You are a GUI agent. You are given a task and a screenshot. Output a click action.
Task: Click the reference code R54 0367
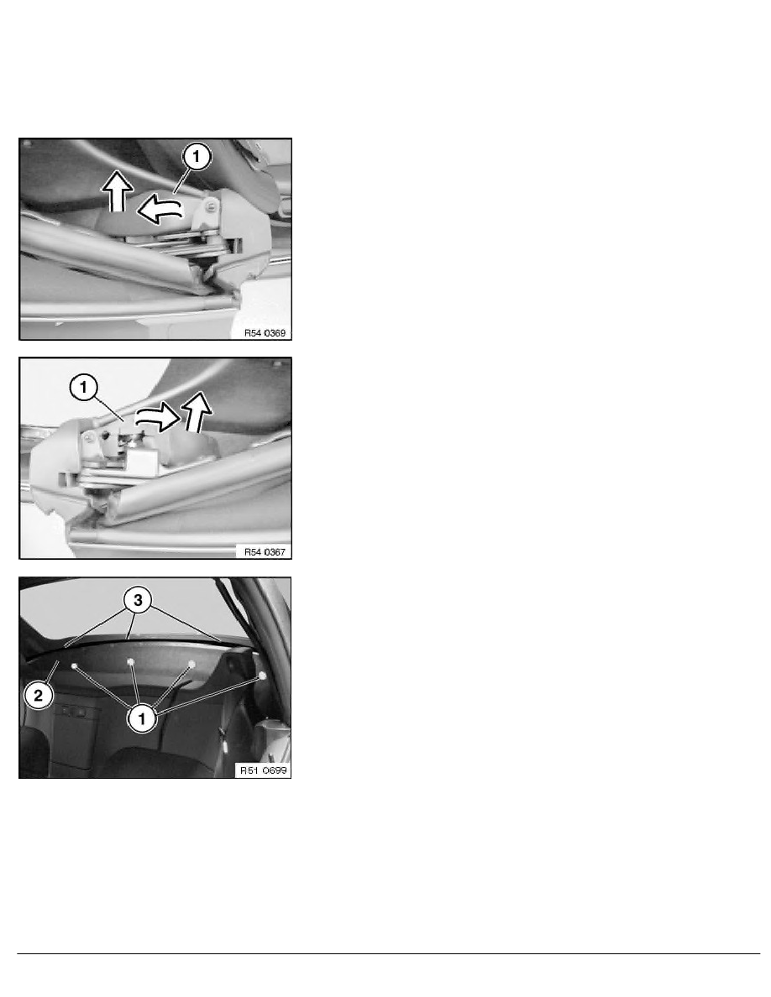260,551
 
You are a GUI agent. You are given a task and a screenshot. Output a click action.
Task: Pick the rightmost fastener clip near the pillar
263,675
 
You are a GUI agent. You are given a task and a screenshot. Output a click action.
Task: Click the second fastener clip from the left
132,662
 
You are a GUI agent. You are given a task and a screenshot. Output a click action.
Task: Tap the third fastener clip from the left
191,664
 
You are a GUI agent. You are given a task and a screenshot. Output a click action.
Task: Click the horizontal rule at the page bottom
385,953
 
